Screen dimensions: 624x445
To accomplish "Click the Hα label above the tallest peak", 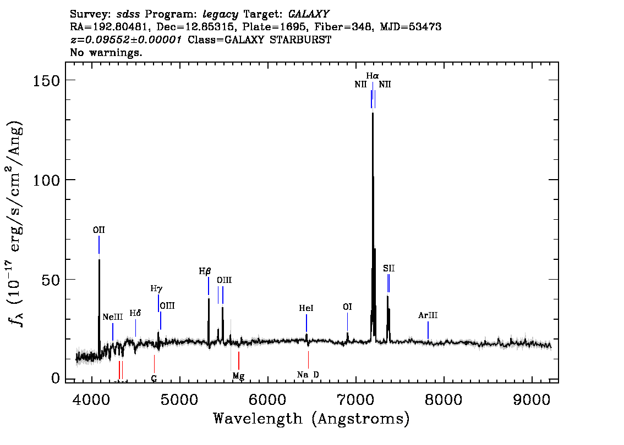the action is (x=373, y=75).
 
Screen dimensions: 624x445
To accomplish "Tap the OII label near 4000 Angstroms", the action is (x=98, y=230).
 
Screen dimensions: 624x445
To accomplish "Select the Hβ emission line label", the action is (x=205, y=271).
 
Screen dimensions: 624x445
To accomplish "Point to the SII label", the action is (x=389, y=269).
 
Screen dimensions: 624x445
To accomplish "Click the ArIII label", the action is (x=428, y=315).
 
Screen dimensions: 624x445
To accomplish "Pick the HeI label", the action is (x=306, y=308).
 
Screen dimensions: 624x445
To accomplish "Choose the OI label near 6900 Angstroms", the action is (x=347, y=307).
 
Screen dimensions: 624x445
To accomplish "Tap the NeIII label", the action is (x=113, y=317).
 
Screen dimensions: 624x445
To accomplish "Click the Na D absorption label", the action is (x=308, y=375).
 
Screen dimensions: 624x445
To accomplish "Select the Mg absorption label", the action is (x=238, y=376).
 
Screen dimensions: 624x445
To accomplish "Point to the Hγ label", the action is (x=156, y=289).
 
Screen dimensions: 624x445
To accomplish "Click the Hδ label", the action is (x=135, y=313).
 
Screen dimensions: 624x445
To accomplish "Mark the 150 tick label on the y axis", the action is (x=46, y=80).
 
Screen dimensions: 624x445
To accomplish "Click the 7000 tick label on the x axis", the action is (x=355, y=399).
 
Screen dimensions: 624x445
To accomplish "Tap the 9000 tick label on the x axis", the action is (x=531, y=399).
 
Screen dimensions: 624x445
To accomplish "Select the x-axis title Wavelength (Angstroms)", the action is (x=311, y=419).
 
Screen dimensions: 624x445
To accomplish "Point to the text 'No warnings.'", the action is (x=106, y=52).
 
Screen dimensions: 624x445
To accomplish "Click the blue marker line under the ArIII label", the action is (x=428, y=330).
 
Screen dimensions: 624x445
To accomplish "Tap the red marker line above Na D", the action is (x=308, y=360).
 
